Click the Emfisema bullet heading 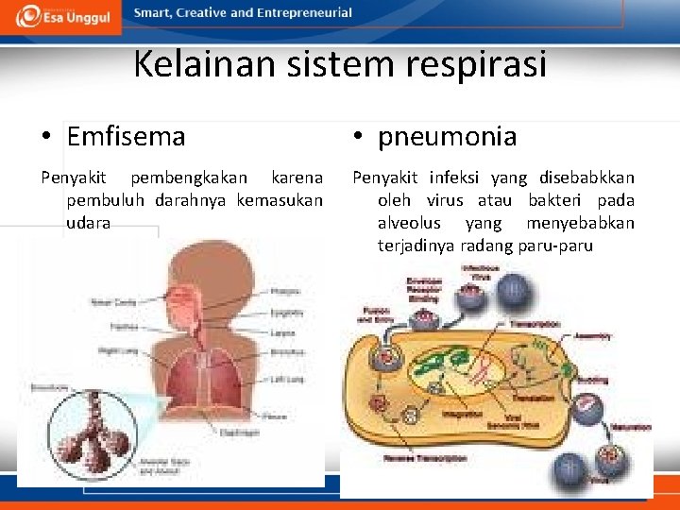point(126,137)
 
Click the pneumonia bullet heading point(447,137)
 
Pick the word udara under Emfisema point(88,223)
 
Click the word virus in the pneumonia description point(445,200)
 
